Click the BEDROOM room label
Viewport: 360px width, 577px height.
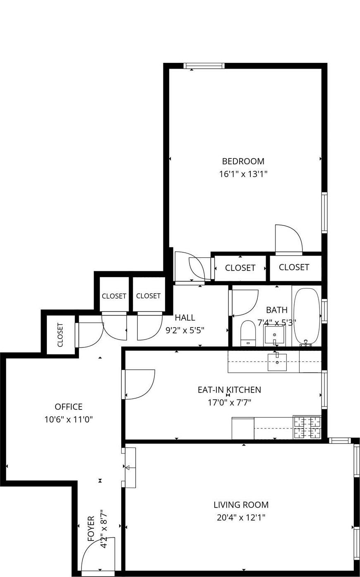(243, 161)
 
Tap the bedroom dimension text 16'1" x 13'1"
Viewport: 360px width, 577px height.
(243, 174)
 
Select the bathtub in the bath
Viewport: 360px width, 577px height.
(306, 316)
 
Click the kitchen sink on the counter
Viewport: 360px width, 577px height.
(277, 362)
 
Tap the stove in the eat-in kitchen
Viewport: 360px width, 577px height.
(307, 427)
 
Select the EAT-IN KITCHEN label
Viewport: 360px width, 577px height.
(229, 390)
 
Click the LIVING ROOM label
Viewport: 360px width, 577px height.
(241, 505)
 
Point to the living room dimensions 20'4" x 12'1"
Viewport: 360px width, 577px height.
(241, 517)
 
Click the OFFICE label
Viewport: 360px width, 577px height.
(68, 407)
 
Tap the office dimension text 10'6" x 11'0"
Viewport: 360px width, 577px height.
(68, 419)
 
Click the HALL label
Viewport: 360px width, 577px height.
(185, 318)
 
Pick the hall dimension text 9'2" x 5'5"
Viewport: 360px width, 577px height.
(185, 330)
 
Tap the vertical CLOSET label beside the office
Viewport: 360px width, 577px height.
(60, 335)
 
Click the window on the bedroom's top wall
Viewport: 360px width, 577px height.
(204, 65)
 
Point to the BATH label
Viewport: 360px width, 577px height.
(276, 310)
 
